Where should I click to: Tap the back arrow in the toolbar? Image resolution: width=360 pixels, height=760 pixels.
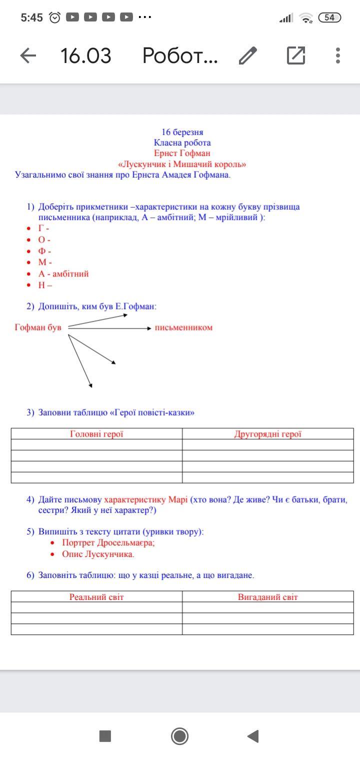click(28, 55)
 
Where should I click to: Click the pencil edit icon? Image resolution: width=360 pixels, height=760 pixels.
click(248, 55)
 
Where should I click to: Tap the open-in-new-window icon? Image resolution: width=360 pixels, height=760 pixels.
click(296, 55)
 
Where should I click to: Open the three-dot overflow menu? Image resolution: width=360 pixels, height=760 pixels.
click(338, 55)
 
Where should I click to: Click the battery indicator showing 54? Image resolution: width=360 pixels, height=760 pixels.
click(329, 17)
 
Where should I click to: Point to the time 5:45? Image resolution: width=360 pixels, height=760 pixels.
click(32, 17)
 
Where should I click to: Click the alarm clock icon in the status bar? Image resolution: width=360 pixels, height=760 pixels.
click(55, 17)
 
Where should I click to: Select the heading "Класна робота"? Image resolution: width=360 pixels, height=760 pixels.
click(182, 142)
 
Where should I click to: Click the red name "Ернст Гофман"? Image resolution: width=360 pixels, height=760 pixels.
click(182, 153)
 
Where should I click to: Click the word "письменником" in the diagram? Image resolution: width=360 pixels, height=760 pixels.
click(183, 327)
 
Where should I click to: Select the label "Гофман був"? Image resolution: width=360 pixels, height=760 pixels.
click(38, 327)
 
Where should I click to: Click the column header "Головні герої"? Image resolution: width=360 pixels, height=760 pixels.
click(96, 434)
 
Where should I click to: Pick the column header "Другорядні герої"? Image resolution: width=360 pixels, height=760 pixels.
click(268, 434)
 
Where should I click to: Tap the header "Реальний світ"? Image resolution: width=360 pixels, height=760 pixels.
click(96, 597)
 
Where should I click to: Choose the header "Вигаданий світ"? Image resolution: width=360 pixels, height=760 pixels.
click(268, 597)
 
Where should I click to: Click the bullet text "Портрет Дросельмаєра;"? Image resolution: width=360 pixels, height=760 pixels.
click(108, 542)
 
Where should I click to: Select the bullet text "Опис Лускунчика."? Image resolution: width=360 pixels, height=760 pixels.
click(98, 554)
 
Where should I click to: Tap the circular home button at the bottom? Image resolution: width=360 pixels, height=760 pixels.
click(179, 736)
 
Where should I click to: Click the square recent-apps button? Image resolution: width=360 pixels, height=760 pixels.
click(105, 736)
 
